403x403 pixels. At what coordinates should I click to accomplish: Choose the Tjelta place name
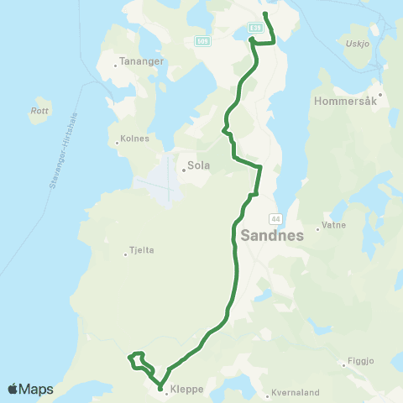(142, 250)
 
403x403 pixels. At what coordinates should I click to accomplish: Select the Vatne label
(333, 227)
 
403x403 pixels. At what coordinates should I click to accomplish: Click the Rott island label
(39, 110)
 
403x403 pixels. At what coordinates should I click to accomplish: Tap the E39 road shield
(256, 29)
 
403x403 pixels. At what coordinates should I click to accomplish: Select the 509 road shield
(201, 40)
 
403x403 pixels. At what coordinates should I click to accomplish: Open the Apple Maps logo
(30, 389)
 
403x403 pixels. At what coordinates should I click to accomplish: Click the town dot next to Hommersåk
(379, 94)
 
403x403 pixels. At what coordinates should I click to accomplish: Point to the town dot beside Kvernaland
(266, 394)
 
